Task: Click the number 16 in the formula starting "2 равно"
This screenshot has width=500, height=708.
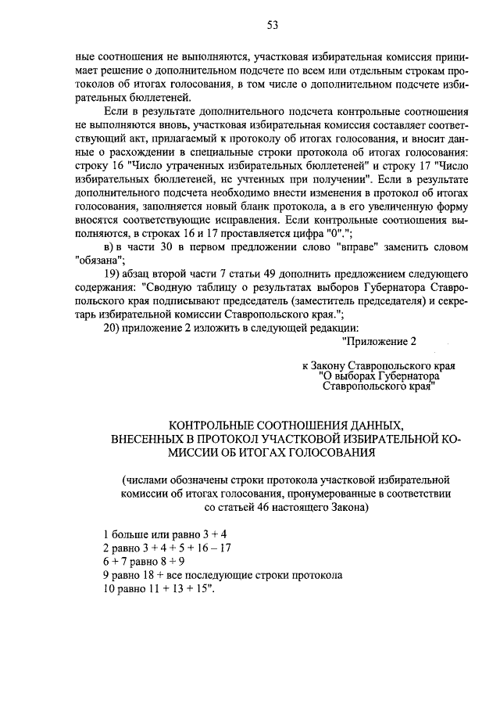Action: pos(203,548)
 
